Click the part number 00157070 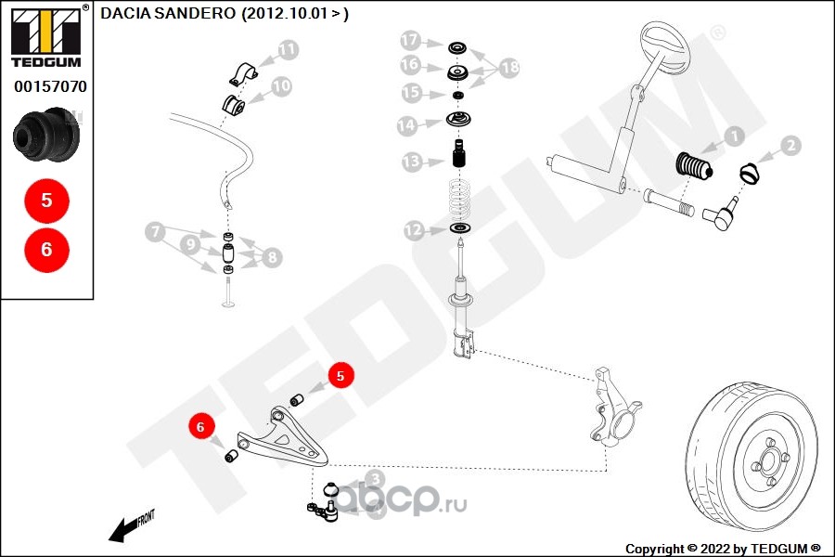(50, 86)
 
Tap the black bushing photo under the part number (47, 136)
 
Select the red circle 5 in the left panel (47, 201)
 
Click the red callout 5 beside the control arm (340, 376)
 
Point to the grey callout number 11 (288, 49)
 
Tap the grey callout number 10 (281, 86)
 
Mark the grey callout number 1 (734, 137)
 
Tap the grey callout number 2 (790, 146)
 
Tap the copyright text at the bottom (724, 549)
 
